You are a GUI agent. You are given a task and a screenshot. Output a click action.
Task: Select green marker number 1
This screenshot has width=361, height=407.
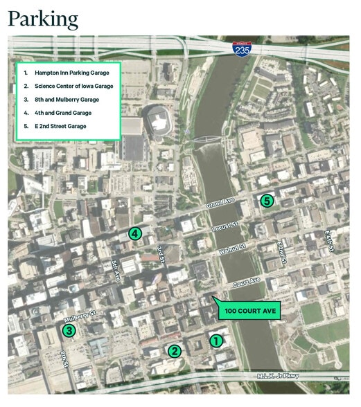click(x=216, y=340)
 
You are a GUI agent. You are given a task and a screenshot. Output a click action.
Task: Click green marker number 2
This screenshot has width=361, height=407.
click(x=175, y=351)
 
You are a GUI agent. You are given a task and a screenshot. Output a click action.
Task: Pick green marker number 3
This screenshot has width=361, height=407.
click(x=69, y=330)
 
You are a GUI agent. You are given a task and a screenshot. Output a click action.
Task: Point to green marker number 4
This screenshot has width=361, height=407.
click(x=135, y=234)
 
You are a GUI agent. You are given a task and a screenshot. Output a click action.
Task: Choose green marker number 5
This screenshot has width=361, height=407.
click(x=267, y=201)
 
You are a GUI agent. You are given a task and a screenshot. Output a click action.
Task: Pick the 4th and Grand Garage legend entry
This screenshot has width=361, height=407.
click(x=62, y=112)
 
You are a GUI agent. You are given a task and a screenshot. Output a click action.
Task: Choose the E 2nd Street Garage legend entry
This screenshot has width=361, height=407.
click(x=62, y=126)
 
